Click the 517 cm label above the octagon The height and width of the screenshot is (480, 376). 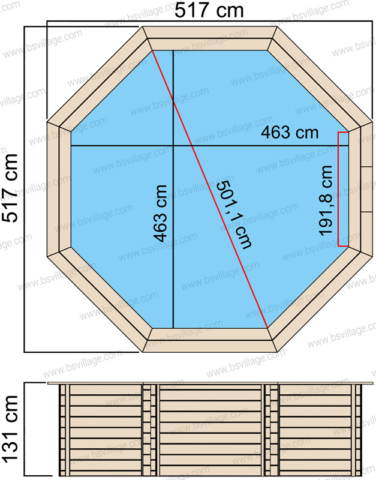coord(209,10)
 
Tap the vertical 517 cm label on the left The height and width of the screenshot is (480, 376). coord(10,188)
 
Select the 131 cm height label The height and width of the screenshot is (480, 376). coord(10,428)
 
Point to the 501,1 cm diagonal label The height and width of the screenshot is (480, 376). coord(234,214)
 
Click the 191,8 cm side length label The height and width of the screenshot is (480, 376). coord(325,201)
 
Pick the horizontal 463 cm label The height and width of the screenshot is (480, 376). coord(290,133)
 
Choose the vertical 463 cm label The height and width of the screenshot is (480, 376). coord(160,214)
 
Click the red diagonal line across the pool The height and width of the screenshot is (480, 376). coord(210,189)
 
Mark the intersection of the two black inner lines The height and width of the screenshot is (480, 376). coord(173,146)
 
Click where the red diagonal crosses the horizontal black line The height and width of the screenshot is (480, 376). coord(192,146)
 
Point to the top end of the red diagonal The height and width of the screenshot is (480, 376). coord(152,51)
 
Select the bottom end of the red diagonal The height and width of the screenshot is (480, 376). coord(267,328)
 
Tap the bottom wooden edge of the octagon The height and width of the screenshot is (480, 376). coord(210,340)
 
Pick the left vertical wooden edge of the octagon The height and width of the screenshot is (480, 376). coord(59,189)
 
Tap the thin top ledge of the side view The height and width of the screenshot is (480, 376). coord(210,383)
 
